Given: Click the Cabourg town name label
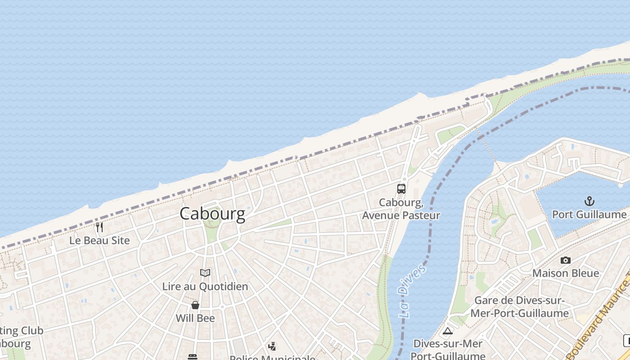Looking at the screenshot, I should click(x=212, y=213).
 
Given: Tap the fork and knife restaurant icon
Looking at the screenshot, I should click(x=99, y=227).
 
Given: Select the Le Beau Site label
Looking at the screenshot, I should click(x=99, y=240).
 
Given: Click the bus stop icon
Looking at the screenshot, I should click(x=401, y=189).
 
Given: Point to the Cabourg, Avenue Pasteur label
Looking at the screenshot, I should click(x=401, y=209).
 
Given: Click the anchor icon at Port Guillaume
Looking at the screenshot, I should click(x=589, y=201).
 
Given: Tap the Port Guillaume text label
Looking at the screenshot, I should click(x=589, y=214).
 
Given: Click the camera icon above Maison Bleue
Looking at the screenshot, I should click(x=566, y=260).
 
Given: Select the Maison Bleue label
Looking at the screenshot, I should click(x=566, y=273).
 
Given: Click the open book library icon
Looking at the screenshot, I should click(x=205, y=273).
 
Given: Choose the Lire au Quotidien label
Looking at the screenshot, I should click(x=205, y=286).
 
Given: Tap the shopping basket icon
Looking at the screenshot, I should click(x=195, y=305).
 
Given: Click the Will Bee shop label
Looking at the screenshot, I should click(x=195, y=318).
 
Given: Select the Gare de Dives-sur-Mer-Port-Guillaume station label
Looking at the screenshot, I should click(x=520, y=306).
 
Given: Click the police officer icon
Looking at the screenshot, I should click(x=272, y=346).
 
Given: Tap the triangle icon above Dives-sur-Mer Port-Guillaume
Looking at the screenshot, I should click(x=447, y=331).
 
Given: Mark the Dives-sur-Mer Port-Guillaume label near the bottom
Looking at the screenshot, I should click(x=448, y=349).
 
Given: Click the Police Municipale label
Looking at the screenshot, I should click(x=272, y=357).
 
